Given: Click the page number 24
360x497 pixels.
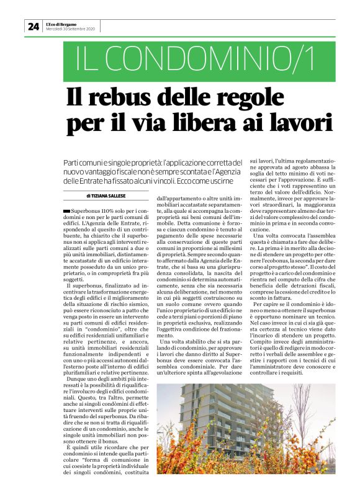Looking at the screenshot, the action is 32,26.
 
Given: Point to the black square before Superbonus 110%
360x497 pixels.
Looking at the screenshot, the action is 67,212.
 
